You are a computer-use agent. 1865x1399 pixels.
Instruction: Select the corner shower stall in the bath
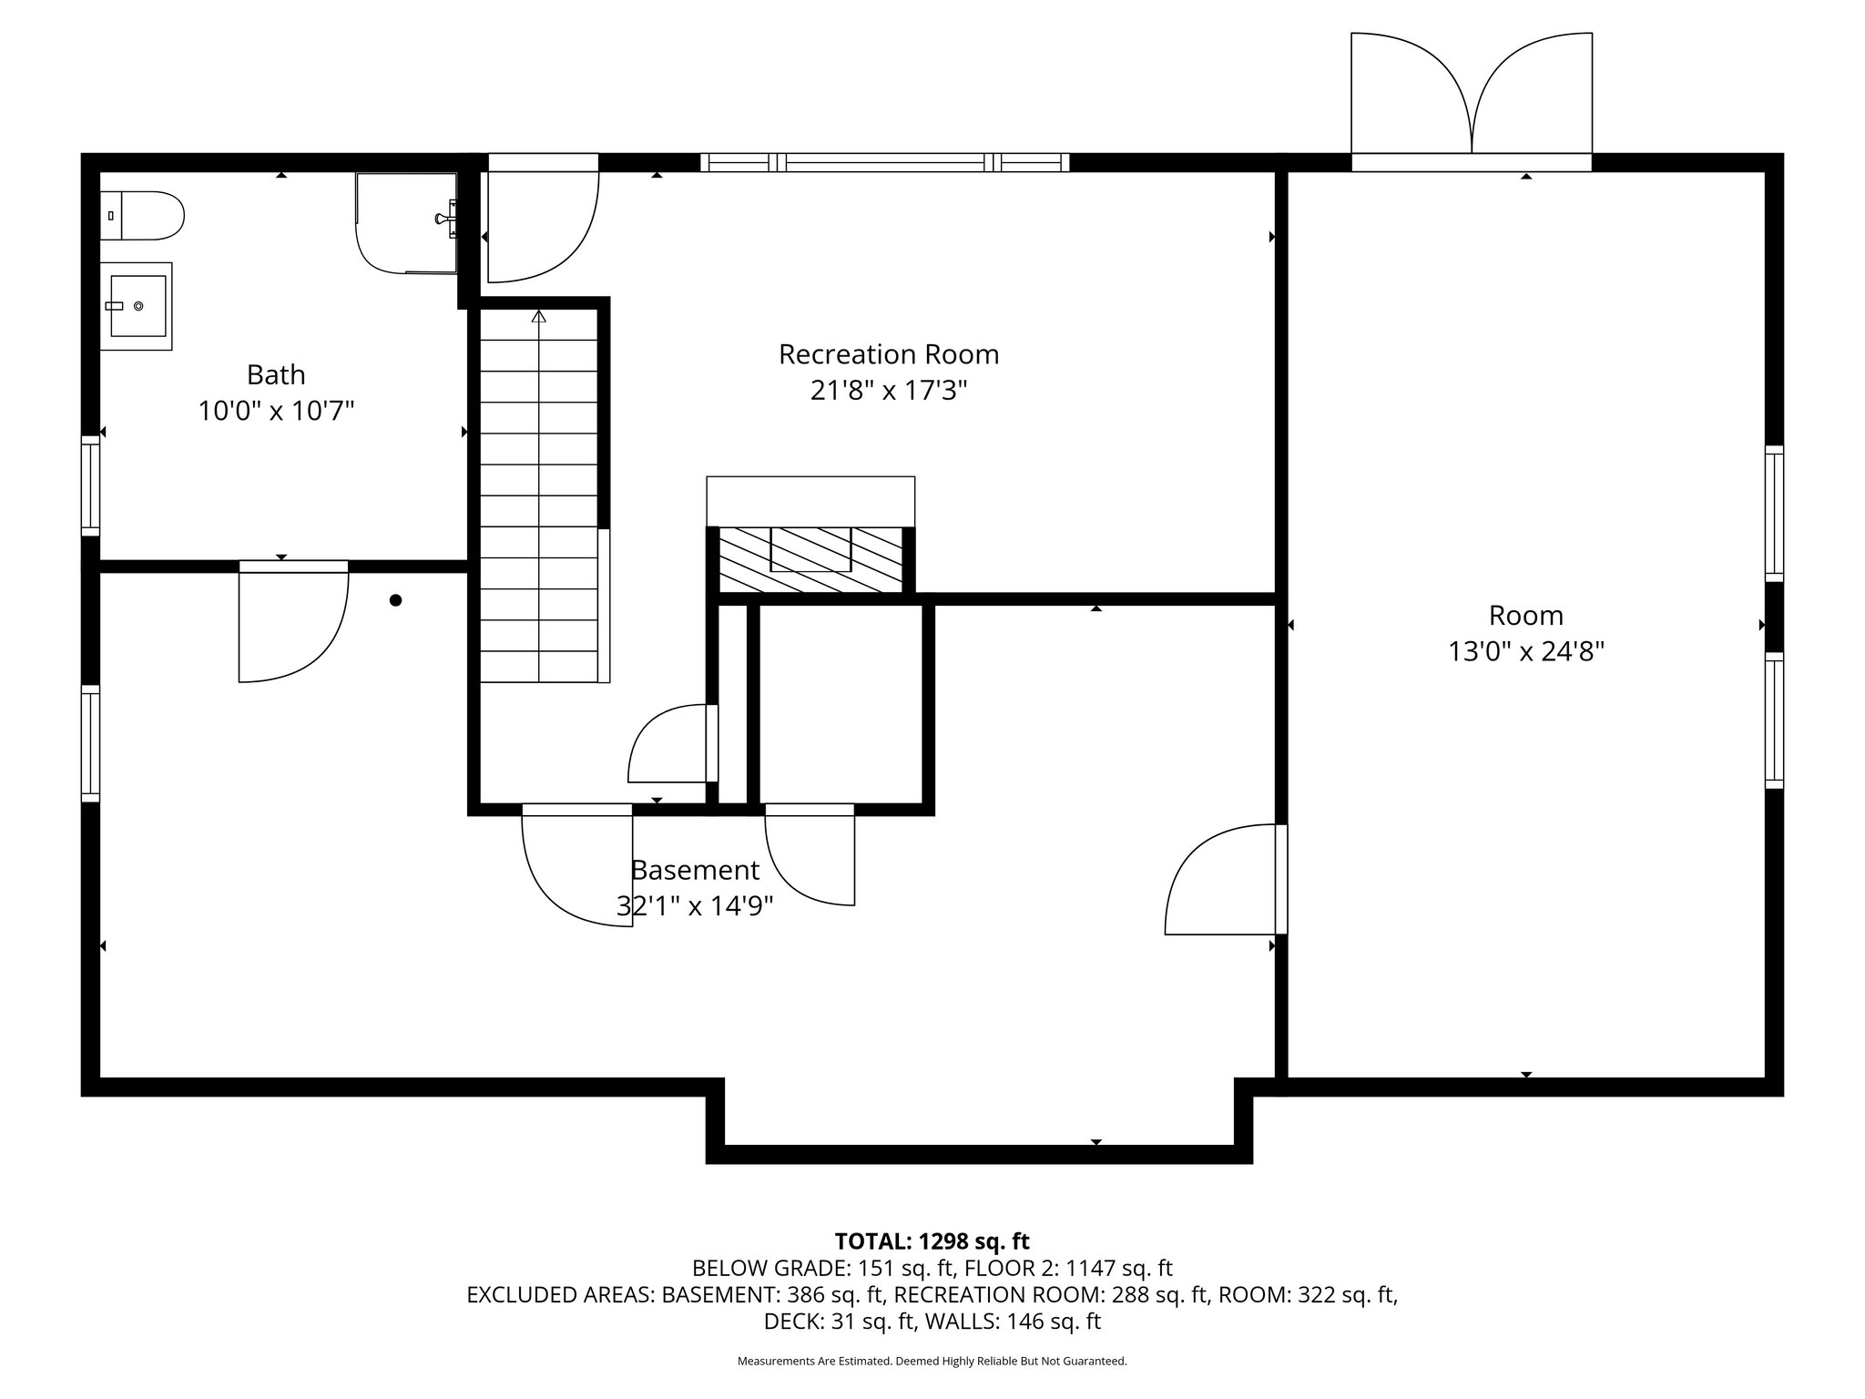click(x=405, y=223)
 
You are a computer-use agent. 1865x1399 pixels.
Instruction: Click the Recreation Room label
click(x=888, y=354)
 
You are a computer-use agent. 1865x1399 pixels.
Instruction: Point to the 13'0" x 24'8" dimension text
click(x=1525, y=652)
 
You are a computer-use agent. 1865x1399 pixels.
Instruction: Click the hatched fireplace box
click(x=810, y=559)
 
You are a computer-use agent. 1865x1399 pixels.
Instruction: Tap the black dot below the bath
click(x=395, y=600)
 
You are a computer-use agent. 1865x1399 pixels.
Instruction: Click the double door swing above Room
click(x=1471, y=96)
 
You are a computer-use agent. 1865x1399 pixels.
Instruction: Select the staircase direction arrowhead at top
click(x=538, y=317)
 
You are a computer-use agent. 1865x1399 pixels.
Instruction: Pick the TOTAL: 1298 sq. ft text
click(x=932, y=1241)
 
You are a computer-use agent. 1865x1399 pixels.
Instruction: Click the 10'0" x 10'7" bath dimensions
click(x=276, y=412)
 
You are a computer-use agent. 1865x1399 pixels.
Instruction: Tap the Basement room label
click(x=695, y=871)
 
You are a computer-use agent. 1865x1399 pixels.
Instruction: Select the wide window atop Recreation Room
click(x=884, y=163)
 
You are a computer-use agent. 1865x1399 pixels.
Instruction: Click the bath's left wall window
click(x=90, y=485)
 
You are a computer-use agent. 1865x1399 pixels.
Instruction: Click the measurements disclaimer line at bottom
click(x=932, y=1362)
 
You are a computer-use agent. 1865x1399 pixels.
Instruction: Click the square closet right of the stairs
click(x=840, y=703)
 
